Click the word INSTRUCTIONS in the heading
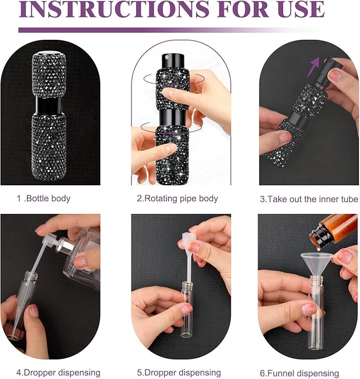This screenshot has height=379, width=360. (113, 9)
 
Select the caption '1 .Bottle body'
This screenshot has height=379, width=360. (43, 199)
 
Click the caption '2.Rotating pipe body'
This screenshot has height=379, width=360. (178, 199)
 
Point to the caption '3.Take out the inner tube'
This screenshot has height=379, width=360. (309, 199)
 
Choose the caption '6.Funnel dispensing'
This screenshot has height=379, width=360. (300, 373)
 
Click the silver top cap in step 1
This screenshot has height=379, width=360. (49, 53)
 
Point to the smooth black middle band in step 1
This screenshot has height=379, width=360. (49, 106)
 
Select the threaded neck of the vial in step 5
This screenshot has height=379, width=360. (187, 285)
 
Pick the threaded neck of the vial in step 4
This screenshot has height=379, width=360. (30, 276)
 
